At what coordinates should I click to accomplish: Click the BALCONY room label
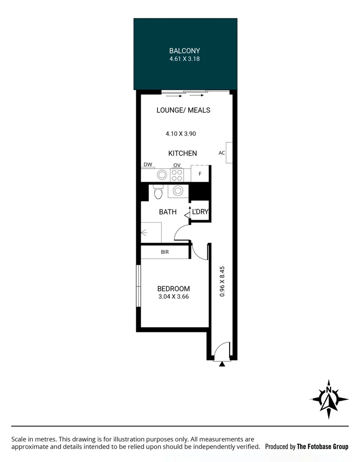point(185,51)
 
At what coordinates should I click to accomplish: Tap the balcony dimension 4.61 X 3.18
point(185,59)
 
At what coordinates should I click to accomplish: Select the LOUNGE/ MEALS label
point(183,110)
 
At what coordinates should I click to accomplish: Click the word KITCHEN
point(182,153)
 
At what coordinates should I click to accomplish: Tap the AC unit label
point(222,153)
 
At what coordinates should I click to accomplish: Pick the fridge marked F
point(200,174)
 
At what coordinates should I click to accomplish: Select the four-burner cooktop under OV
point(177,175)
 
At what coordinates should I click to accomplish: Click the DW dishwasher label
point(148,165)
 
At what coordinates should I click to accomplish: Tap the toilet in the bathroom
point(158,193)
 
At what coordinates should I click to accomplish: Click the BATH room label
point(168,212)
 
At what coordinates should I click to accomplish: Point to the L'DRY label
point(200,212)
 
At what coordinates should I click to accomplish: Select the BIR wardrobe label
point(165,252)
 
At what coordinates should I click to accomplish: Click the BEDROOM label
point(174,289)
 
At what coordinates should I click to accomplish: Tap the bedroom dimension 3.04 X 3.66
point(174,297)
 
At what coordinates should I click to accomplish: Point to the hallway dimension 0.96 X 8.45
point(222,281)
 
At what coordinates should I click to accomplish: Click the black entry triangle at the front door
point(222,363)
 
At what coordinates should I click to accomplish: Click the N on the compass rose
point(329,390)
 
